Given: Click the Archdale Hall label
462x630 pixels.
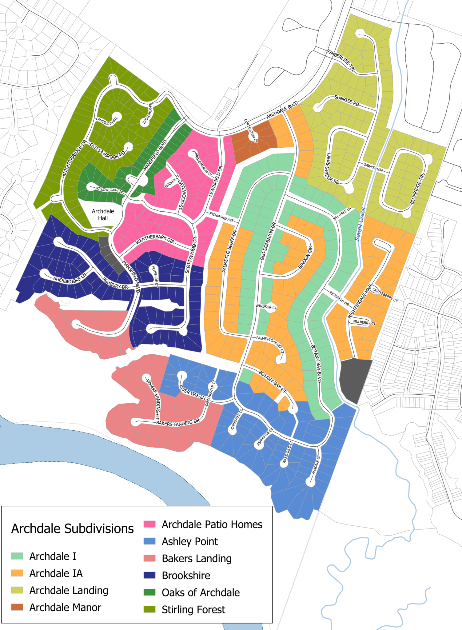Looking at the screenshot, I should pyautogui.click(x=103, y=215).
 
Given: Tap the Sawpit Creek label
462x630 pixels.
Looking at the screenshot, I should pyautogui.click(x=360, y=224).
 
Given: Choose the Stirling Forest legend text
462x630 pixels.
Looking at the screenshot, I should pyautogui.click(x=193, y=609).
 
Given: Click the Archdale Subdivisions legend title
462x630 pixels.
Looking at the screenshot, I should pyautogui.click(x=72, y=528).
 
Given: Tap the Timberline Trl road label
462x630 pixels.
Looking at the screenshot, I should pyautogui.click(x=341, y=61).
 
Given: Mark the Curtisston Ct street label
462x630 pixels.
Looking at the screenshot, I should pyautogui.click(x=251, y=131).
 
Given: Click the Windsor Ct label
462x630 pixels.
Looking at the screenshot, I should pyautogui.click(x=266, y=307).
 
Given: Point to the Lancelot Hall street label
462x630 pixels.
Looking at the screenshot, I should pyautogui.click(x=107, y=121).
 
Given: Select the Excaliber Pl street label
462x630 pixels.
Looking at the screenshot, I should pyautogui.click(x=147, y=114).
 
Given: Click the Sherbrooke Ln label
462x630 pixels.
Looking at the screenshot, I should pyautogui.click(x=70, y=278).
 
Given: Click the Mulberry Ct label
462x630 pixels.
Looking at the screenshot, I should pyautogui.click(x=364, y=322).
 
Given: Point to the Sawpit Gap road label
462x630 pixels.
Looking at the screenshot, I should pyautogui.click(x=373, y=167).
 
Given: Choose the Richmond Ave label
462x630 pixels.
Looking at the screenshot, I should pyautogui.click(x=221, y=217).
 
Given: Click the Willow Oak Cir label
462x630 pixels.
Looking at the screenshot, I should pyautogui.click(x=109, y=190).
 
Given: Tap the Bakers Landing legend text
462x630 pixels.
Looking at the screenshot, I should pyautogui.click(x=197, y=558).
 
